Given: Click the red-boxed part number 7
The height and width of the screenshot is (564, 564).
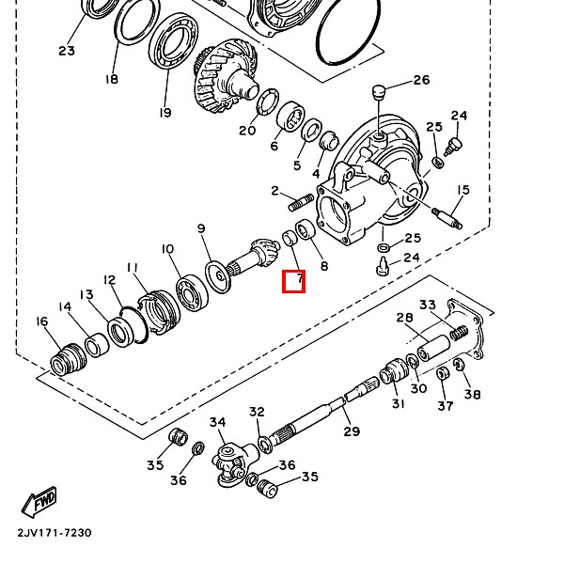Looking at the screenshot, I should tap(294, 280).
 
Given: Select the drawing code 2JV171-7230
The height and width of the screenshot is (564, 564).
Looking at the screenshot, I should tap(54, 533).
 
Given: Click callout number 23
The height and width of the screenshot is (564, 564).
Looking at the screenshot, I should tap(67, 51).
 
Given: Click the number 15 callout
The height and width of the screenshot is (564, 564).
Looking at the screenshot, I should tap(462, 191).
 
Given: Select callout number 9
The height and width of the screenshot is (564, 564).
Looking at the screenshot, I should tap(201, 228).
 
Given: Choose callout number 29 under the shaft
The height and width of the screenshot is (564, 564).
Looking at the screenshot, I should tap(352, 431).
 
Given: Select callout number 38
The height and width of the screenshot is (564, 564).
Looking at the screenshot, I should tap(472, 395).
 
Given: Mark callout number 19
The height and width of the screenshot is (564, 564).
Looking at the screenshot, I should tap(165, 112).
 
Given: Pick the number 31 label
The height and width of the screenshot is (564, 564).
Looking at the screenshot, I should tap(399, 404).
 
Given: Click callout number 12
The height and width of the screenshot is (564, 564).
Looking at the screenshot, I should tap(110, 280).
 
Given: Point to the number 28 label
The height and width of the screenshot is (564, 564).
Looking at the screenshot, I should tap(404, 318).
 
